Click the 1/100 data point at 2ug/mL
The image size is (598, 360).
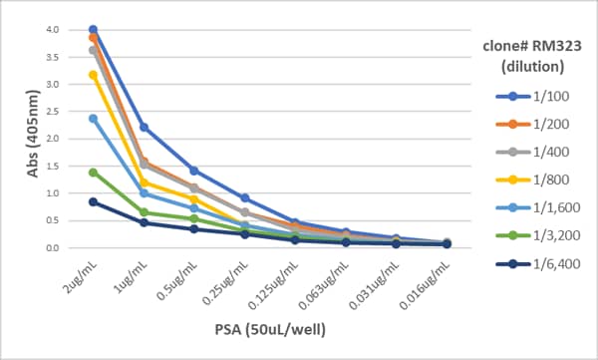(93, 30)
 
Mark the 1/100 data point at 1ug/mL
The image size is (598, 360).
(144, 127)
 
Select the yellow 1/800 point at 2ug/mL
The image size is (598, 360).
(93, 75)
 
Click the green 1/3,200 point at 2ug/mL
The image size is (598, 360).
(93, 173)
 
